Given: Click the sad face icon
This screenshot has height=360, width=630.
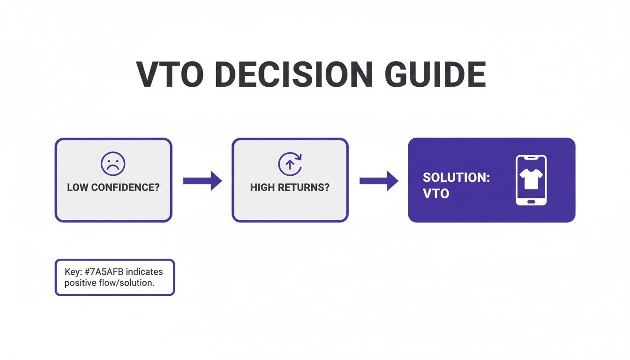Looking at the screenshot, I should (113, 164).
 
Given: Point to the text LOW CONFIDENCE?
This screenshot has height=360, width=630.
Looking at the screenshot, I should (113, 187).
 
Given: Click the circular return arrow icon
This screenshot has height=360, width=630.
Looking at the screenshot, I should (290, 164).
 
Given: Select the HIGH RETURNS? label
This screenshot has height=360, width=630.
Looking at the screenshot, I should (290, 187).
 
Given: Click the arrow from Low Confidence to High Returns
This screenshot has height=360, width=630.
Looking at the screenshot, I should (202, 180).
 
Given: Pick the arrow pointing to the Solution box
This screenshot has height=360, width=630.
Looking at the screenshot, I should (378, 180).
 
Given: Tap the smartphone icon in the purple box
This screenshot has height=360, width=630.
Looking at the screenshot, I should (531, 180).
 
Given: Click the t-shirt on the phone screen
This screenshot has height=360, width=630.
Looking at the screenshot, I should (531, 179).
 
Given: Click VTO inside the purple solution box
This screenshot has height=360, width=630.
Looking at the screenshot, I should (436, 193).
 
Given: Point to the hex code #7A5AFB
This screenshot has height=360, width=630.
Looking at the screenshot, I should (106, 271).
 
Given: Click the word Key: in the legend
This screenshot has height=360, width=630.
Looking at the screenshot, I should (74, 271).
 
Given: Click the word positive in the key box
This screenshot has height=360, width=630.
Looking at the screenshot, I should (79, 283).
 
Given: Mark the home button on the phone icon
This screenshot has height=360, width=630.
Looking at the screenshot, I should (531, 201).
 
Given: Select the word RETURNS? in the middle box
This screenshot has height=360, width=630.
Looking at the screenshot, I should (307, 187).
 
